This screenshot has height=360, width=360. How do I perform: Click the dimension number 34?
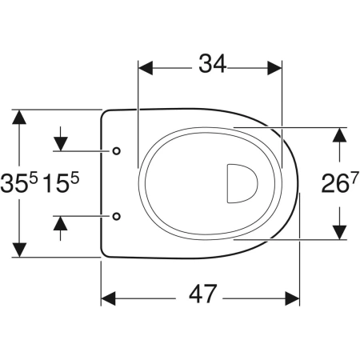point(212,64)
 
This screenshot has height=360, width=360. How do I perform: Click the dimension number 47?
point(202,294)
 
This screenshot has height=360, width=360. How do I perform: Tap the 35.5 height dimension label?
point(19,182)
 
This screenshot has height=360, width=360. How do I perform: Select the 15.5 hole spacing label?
point(61,182)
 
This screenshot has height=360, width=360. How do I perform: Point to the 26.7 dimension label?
point(338,183)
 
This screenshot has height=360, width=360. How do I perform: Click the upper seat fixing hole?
point(117,151)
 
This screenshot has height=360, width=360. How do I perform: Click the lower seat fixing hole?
point(117,216)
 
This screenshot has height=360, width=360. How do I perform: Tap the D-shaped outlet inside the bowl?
point(242,183)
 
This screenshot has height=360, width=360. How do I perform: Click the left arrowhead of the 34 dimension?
point(146,68)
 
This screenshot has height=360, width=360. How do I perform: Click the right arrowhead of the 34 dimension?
point(274,68)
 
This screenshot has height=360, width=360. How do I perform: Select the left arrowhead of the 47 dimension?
point(108,298)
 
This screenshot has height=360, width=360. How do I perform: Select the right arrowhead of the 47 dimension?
point(292,298)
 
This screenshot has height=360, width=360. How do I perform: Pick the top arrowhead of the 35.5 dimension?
point(19,117)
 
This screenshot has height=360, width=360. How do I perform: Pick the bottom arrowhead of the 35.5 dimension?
point(19,250)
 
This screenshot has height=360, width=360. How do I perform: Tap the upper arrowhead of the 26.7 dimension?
point(339,135)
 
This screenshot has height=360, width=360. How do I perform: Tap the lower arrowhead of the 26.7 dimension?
point(339,233)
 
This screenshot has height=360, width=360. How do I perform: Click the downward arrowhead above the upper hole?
point(61,144)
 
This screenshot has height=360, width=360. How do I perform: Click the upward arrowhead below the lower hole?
point(61,223)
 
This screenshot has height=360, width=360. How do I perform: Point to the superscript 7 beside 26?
point(353,179)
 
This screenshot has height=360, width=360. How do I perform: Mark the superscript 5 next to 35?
point(34,178)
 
